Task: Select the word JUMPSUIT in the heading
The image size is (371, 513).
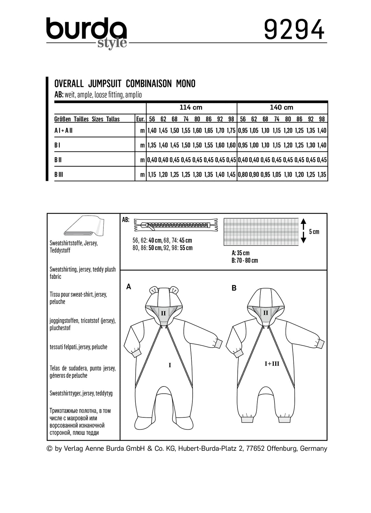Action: pyautogui.click(x=104, y=84)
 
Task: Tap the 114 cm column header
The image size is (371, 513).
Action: pyautogui.click(x=191, y=107)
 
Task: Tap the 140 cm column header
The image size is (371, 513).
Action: pyautogui.click(x=281, y=107)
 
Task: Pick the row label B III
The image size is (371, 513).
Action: pyautogui.click(x=59, y=174)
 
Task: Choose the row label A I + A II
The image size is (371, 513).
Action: pyautogui.click(x=63, y=130)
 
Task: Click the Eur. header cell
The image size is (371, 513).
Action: pyautogui.click(x=140, y=119)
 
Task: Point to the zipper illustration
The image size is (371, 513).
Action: pyautogui.click(x=176, y=226)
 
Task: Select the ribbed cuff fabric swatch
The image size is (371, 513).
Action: pyautogui.click(x=261, y=231)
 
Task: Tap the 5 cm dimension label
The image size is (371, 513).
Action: pyautogui.click(x=314, y=231)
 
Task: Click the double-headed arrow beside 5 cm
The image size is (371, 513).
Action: pyautogui.click(x=303, y=231)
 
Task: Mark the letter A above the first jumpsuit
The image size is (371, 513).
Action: pyautogui.click(x=129, y=286)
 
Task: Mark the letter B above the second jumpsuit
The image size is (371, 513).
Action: pyautogui.click(x=234, y=288)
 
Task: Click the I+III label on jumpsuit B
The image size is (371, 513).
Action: pyautogui.click(x=272, y=363)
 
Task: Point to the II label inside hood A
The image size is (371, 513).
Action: pyautogui.click(x=164, y=313)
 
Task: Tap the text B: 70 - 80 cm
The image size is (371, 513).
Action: pyautogui.click(x=245, y=260)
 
